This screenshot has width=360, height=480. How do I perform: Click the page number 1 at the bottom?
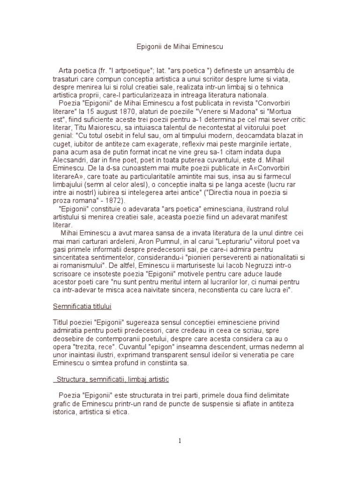(180, 440)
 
